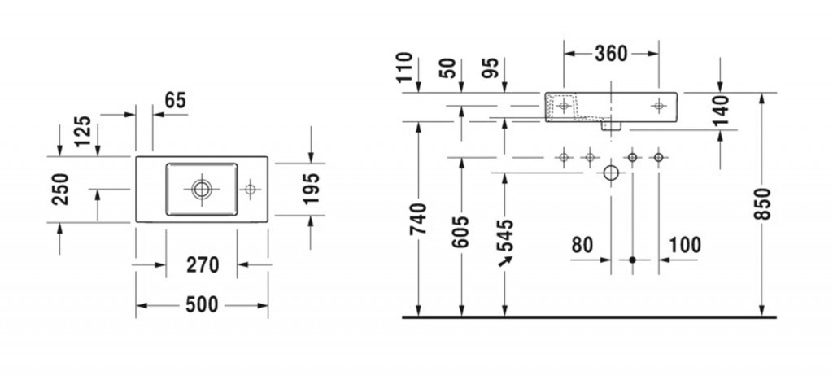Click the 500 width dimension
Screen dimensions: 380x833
point(202,305)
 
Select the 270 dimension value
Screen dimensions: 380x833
point(203,264)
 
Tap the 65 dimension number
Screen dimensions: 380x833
point(175,101)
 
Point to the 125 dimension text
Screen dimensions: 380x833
point(81,131)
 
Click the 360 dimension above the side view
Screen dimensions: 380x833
point(611,54)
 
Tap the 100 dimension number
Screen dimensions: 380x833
point(685,244)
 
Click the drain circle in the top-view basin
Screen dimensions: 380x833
point(201,189)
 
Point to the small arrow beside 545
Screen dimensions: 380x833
point(505,260)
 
